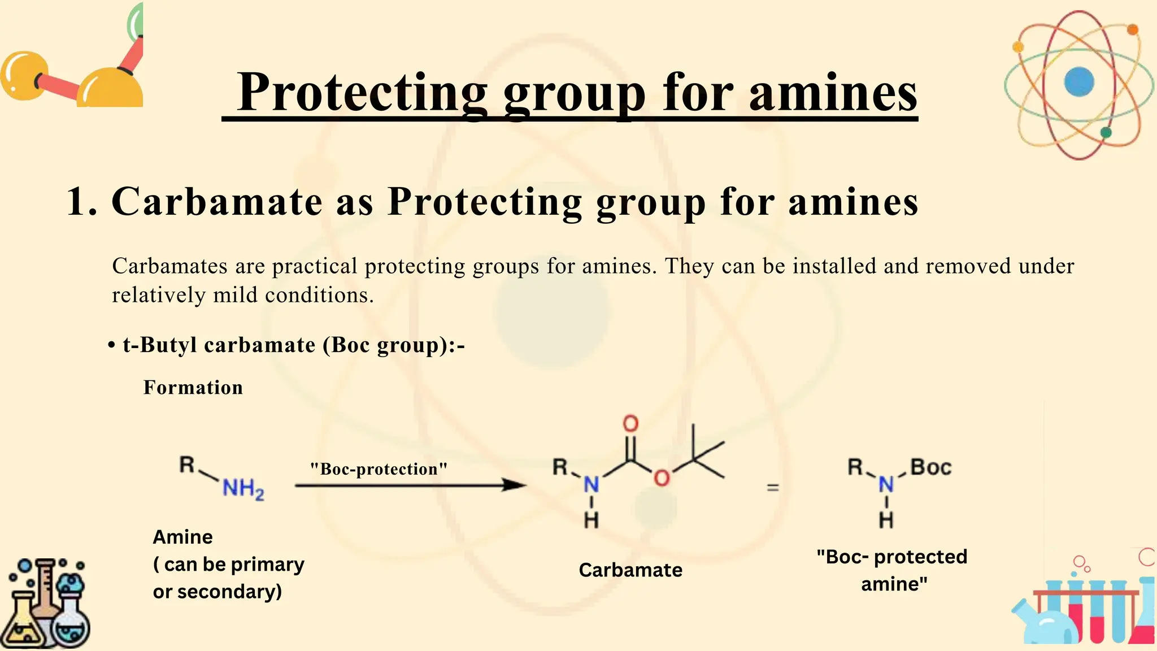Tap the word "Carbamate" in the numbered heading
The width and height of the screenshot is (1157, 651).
[x=218, y=202]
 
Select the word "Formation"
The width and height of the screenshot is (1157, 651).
[x=193, y=388]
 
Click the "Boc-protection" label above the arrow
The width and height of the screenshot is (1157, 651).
[x=379, y=469]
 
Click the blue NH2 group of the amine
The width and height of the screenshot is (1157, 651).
[x=243, y=488]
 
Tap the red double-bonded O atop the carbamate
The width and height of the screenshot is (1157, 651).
[x=630, y=423]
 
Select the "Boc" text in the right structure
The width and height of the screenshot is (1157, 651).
[x=931, y=468]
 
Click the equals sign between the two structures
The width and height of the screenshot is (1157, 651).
[x=773, y=487]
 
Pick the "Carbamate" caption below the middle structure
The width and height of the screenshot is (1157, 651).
[x=630, y=570]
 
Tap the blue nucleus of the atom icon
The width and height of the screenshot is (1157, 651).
[x=1078, y=82]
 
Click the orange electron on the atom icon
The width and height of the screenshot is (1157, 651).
[x=1132, y=29]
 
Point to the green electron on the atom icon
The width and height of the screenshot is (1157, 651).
[x=1106, y=133]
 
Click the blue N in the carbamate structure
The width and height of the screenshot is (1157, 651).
[x=591, y=484]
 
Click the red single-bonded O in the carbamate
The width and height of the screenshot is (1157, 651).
[x=662, y=478]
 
